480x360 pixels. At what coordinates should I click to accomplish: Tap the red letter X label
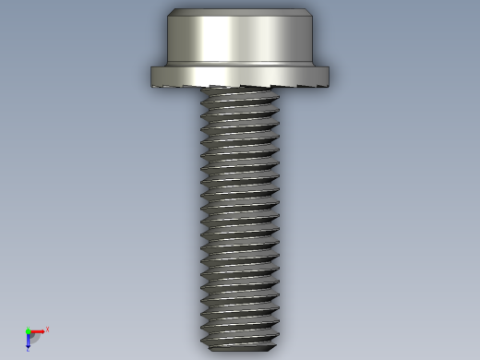click(x=47, y=329)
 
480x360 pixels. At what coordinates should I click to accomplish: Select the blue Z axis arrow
click(x=29, y=341)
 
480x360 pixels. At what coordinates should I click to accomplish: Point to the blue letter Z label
click(x=28, y=350)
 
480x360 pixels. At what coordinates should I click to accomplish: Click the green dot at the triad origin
click(x=28, y=331)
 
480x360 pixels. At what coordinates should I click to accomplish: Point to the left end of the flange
click(x=153, y=76)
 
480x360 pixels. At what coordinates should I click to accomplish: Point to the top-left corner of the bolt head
click(x=171, y=12)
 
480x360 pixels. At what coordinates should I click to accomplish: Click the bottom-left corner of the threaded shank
click(x=204, y=345)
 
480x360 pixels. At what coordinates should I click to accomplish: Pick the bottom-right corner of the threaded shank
click(x=275, y=345)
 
